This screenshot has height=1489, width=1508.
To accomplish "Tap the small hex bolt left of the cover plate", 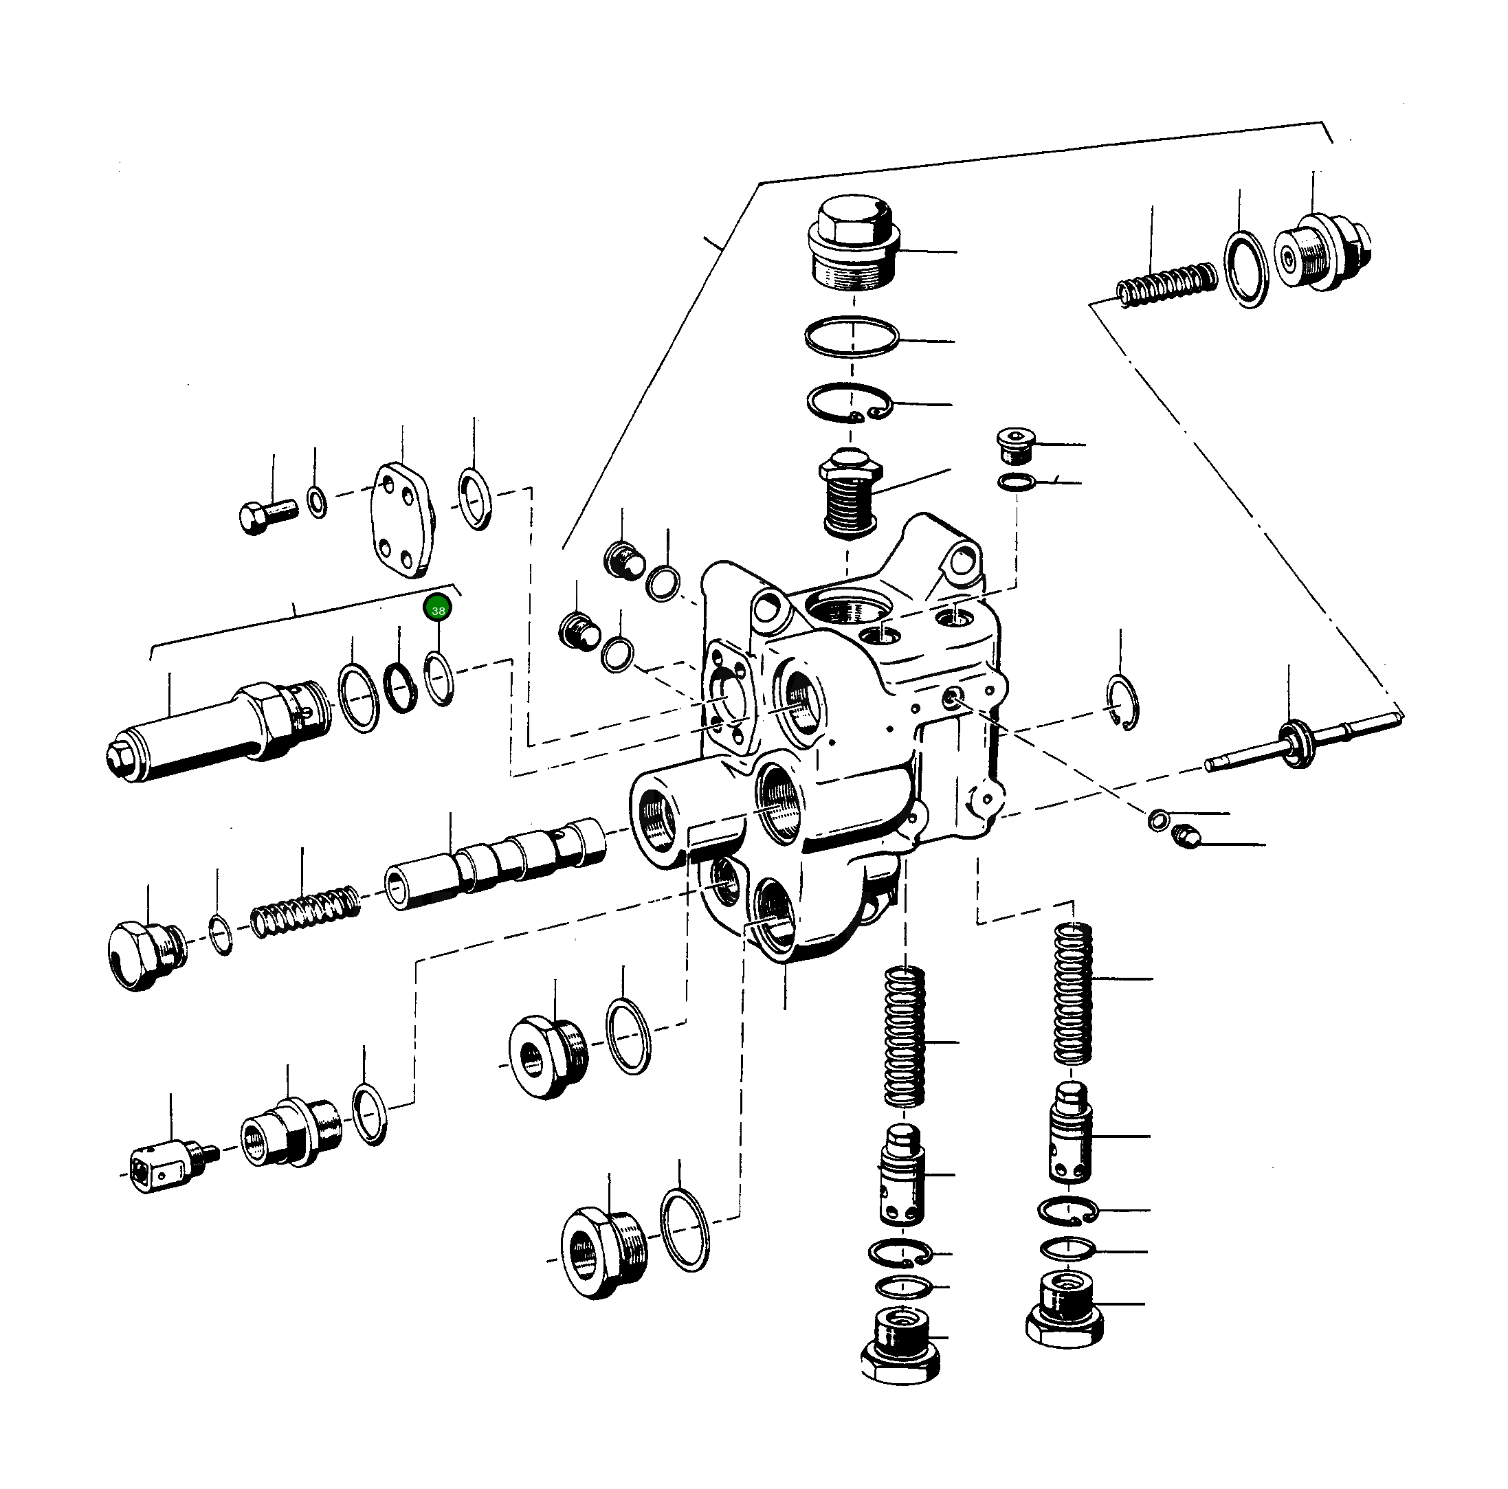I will click(x=266, y=516).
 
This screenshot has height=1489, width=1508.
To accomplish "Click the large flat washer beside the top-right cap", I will click(x=1245, y=269).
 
